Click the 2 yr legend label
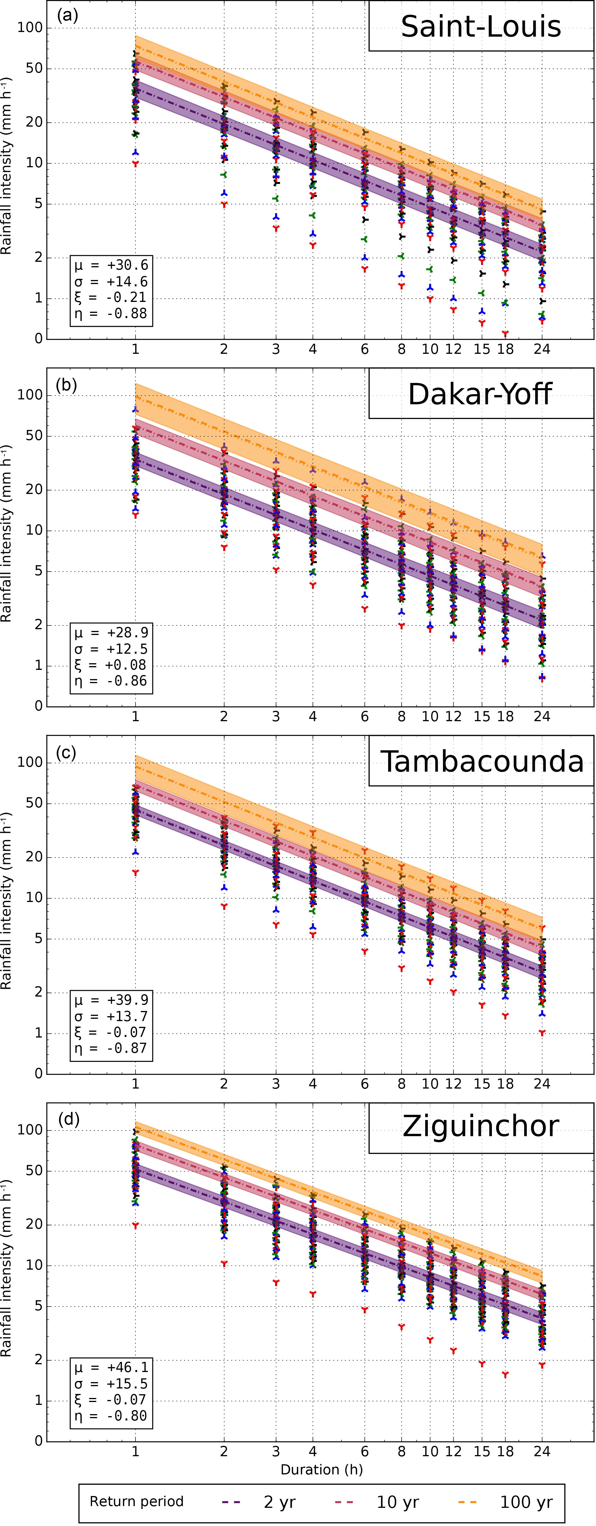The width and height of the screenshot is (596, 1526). click(x=279, y=1502)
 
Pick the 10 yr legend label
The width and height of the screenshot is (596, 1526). click(x=398, y=1502)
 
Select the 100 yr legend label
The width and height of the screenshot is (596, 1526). click(x=526, y=1502)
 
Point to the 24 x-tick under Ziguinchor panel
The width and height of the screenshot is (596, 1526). click(x=542, y=1451)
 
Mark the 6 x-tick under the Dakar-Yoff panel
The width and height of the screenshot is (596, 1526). click(x=364, y=717)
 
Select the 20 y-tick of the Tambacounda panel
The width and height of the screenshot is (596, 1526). click(x=34, y=857)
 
